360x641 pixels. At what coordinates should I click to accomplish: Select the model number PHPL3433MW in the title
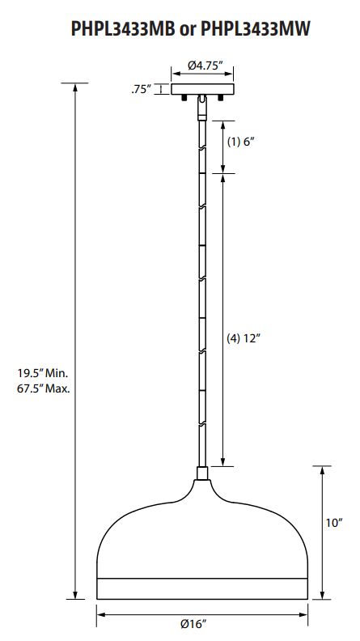254,29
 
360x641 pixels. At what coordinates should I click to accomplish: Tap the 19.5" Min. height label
44,373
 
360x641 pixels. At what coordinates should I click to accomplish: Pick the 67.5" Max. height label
44,388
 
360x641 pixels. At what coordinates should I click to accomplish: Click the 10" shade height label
335,523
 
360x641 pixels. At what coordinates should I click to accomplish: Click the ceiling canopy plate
202,89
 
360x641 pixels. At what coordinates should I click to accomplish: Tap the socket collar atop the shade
202,473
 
